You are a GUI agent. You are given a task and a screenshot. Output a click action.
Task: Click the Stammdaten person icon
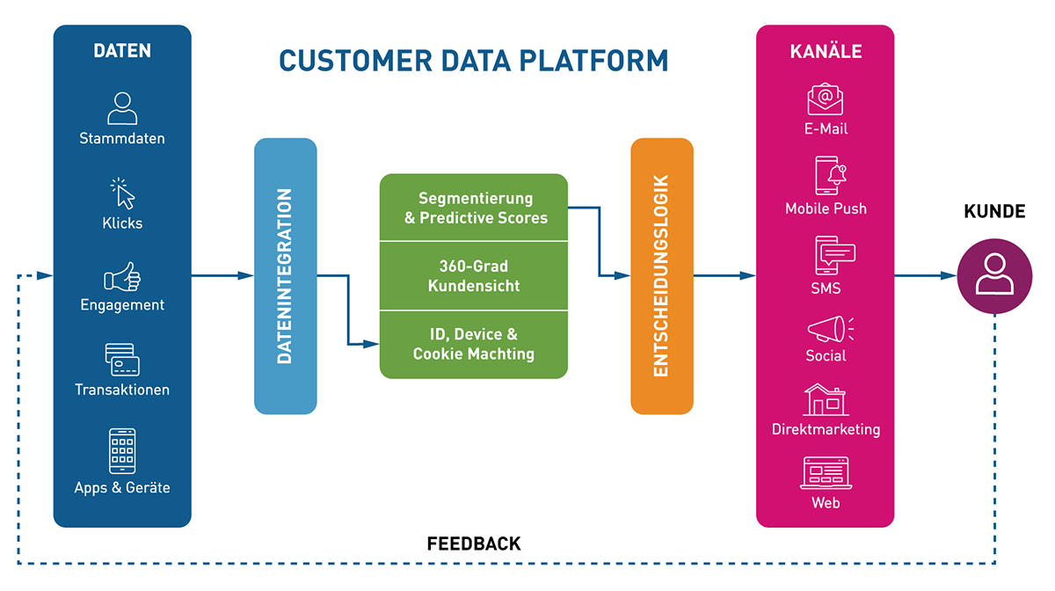tap(122, 108)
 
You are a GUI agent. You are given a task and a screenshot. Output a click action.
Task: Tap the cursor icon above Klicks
tap(122, 193)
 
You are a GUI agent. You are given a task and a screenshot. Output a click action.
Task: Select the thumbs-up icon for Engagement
tap(122, 277)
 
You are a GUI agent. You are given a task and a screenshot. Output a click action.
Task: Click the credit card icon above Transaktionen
tap(122, 359)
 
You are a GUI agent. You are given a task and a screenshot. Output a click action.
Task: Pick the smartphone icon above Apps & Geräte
tap(122, 450)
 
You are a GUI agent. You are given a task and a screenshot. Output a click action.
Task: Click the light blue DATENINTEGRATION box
tap(286, 276)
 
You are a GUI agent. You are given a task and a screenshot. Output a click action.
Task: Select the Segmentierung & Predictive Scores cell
tap(474, 208)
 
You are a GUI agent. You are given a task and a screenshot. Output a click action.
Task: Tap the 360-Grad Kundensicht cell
tap(474, 276)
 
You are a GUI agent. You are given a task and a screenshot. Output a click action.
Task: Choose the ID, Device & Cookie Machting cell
tap(474, 344)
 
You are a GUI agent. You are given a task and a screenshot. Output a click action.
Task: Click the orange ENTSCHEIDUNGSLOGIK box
tap(662, 276)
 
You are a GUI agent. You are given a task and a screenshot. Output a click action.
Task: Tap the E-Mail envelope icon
tap(825, 98)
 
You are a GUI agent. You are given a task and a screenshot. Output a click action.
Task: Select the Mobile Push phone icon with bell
tap(826, 176)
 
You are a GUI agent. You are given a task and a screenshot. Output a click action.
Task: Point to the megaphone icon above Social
tap(826, 330)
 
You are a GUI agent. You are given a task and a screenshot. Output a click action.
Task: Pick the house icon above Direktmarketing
tap(825, 400)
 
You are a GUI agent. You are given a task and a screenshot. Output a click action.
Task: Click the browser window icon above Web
tap(825, 473)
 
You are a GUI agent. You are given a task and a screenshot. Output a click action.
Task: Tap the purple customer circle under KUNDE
tap(994, 276)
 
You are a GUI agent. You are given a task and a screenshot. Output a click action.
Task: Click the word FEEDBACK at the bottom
tap(474, 544)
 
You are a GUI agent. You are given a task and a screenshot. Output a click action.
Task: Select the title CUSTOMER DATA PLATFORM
tap(474, 61)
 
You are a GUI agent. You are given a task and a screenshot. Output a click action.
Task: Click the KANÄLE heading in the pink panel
tap(825, 51)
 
